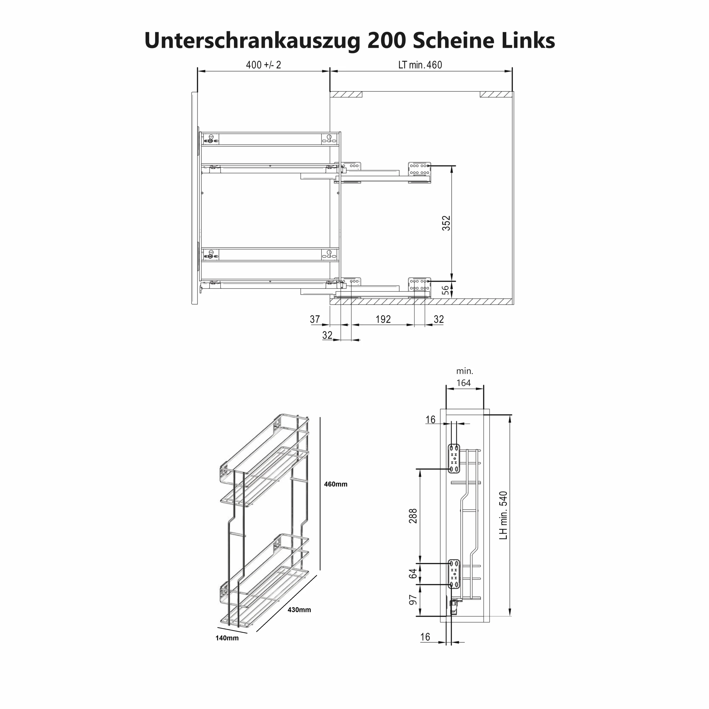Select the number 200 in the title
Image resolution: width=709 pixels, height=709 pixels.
click(x=386, y=40)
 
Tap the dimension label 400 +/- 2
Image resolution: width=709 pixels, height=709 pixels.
click(x=263, y=65)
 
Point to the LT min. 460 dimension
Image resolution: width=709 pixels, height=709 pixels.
click(x=420, y=65)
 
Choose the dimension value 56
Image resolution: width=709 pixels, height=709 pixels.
click(x=445, y=290)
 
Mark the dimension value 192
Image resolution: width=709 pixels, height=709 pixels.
click(x=383, y=319)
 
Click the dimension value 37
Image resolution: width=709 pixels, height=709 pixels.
click(x=315, y=319)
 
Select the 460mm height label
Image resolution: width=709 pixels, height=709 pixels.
click(x=335, y=484)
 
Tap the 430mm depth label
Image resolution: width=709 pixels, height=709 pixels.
click(x=299, y=610)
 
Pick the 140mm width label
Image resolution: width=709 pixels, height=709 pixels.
click(x=227, y=638)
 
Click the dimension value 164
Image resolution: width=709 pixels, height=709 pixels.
click(x=464, y=383)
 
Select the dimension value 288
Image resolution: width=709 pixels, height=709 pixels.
click(x=413, y=516)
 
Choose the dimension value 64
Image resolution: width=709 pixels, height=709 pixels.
click(x=413, y=574)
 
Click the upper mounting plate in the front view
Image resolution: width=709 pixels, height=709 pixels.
click(x=454, y=458)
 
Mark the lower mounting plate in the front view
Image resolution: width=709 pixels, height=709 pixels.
click(x=454, y=574)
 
